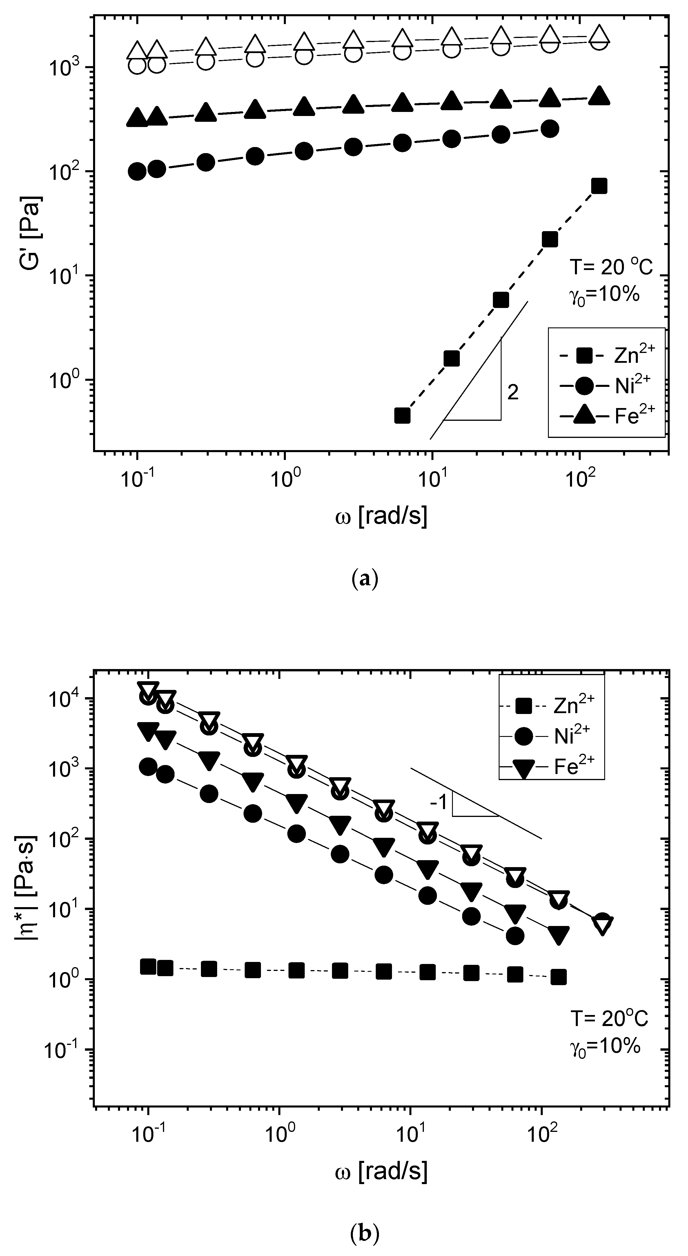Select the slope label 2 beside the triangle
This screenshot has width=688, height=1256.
pyautogui.click(x=513, y=392)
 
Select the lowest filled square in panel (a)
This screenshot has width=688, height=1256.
pyautogui.click(x=402, y=415)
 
